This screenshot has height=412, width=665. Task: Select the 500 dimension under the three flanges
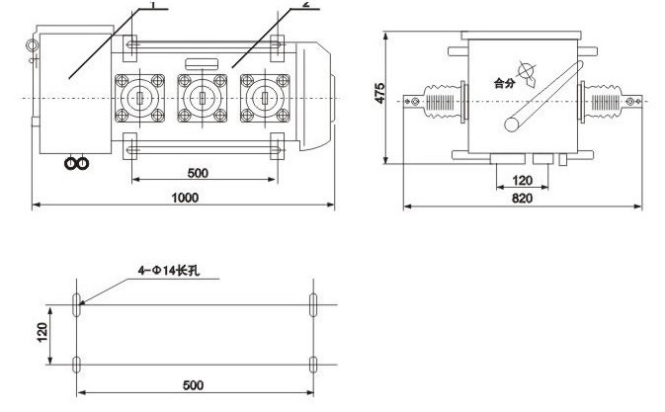pos(198,172)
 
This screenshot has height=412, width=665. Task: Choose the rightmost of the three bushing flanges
pos(263,99)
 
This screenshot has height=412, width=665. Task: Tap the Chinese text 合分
pos(505,83)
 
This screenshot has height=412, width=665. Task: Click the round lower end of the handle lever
pos(512,124)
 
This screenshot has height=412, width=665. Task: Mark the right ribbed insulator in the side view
pos(605,101)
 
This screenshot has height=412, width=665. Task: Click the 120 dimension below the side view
pos(524,181)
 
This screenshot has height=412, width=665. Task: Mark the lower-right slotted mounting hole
pos(313,365)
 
